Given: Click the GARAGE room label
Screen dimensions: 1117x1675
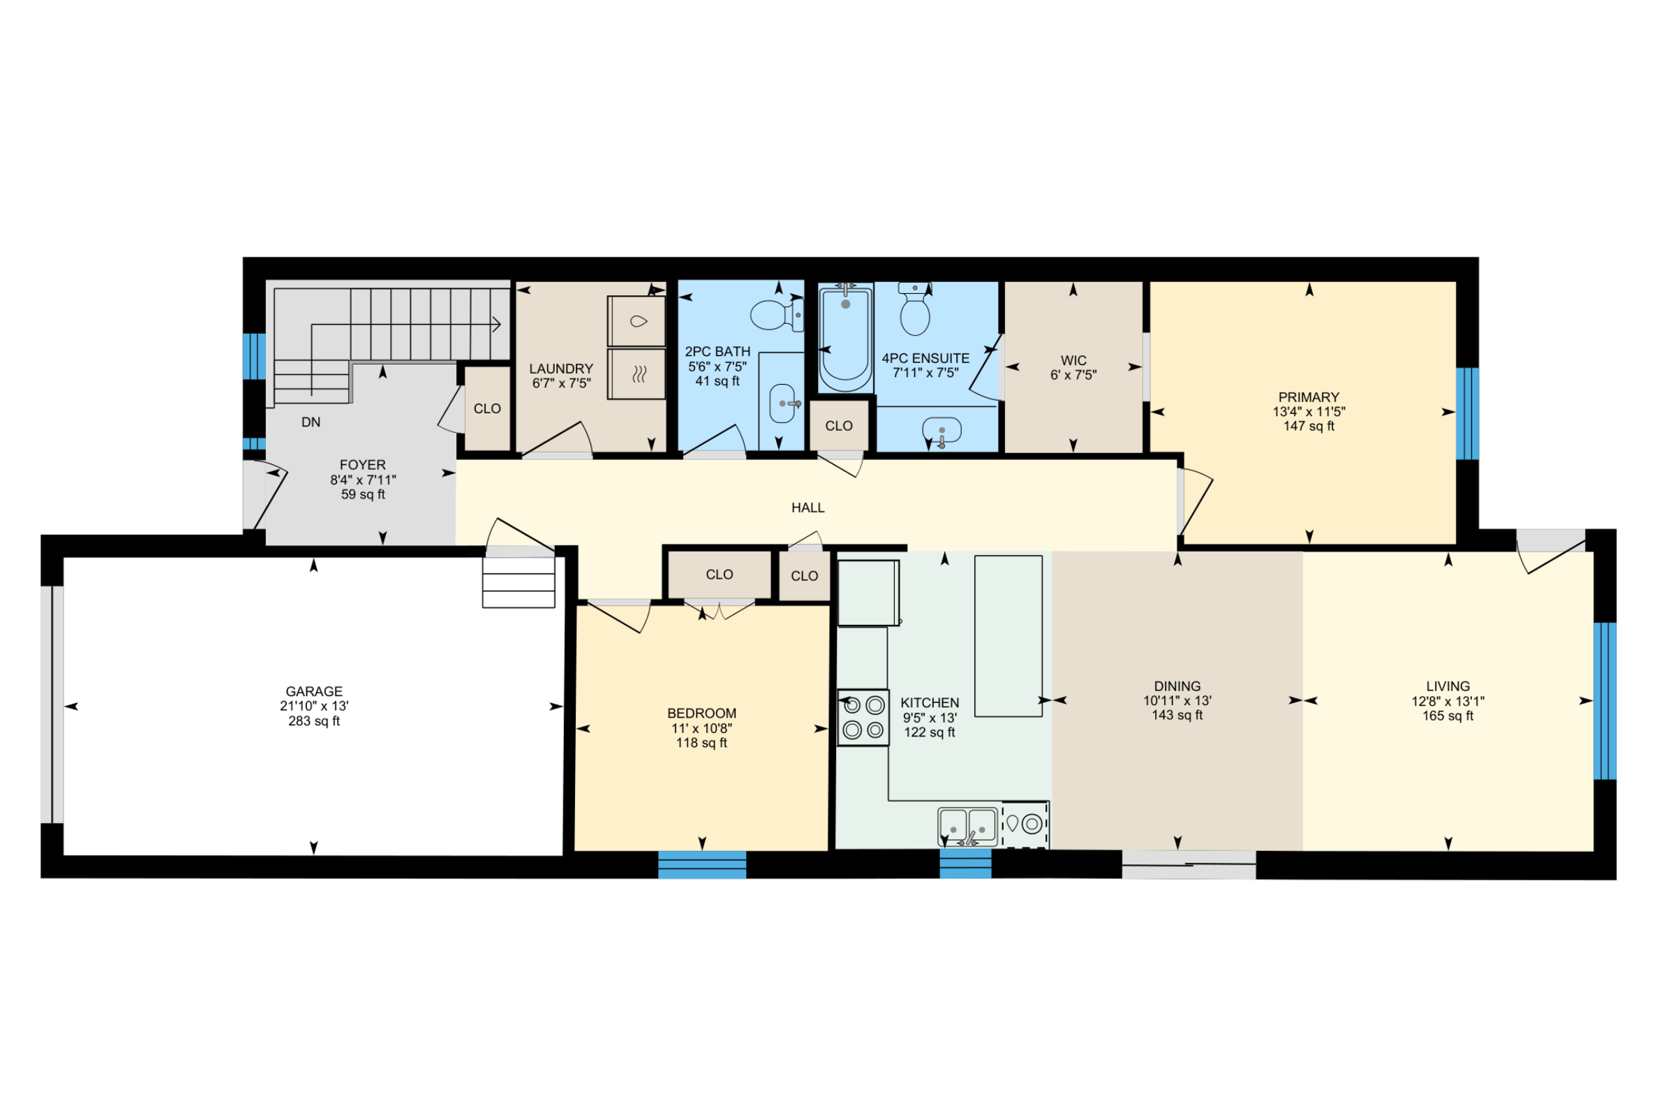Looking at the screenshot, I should click(314, 692).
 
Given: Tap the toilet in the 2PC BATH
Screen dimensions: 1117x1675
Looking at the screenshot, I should click(773, 315).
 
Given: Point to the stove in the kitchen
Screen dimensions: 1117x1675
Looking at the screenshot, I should click(863, 718).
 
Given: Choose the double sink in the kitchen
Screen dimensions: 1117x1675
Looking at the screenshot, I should click(967, 827).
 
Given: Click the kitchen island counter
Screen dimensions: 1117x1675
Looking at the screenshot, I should click(1008, 636).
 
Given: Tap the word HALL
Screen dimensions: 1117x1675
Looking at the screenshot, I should click(807, 508).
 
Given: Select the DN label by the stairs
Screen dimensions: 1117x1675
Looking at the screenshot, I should click(311, 422).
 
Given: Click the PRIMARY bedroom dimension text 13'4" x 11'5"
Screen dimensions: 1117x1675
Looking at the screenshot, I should click(1309, 412).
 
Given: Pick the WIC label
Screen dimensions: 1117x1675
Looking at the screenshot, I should click(1073, 360).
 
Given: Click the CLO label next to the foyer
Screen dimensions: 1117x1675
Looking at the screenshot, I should click(487, 409).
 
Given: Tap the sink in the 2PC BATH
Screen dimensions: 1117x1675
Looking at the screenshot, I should click(782, 404).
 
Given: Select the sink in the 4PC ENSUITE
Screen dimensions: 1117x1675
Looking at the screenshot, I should click(941, 430).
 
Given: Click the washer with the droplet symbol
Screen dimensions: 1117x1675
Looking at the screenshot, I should click(636, 321).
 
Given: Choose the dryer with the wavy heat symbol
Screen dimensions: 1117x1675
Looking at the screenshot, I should click(636, 374).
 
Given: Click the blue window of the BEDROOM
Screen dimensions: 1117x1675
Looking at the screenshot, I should click(701, 865).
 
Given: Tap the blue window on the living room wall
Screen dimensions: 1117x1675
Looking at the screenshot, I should click(1605, 701).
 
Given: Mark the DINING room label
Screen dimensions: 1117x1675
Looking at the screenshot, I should click(1177, 687).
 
